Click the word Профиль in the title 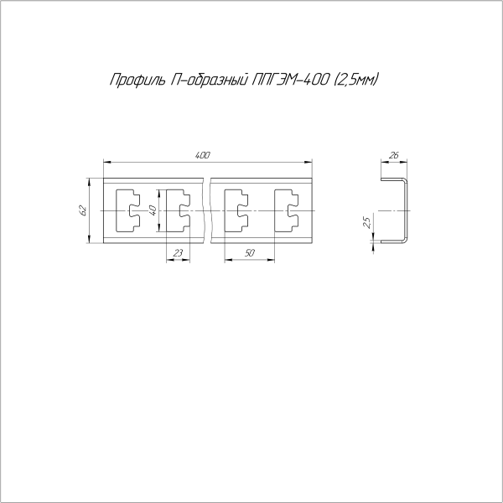pyautogui.click(x=138, y=80)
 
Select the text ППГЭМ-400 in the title pyautogui.click(x=291, y=80)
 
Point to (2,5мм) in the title pyautogui.click(x=356, y=80)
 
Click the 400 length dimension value pyautogui.click(x=202, y=155)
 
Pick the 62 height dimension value pyautogui.click(x=83, y=210)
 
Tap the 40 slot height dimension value pyautogui.click(x=153, y=210)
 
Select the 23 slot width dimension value pyautogui.click(x=178, y=253)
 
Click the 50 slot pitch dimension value pyautogui.click(x=249, y=253)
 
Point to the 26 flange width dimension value pyautogui.click(x=394, y=155)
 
